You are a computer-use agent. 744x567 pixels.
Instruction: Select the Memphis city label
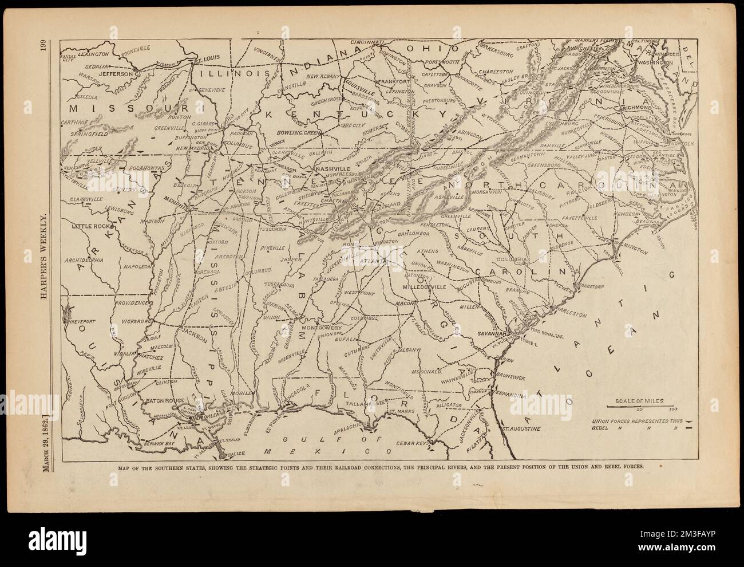(x=179, y=203)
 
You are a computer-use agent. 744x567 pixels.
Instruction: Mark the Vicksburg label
(x=136, y=322)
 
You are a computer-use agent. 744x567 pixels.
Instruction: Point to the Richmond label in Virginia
(x=635, y=107)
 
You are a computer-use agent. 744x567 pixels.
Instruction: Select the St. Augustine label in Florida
(x=521, y=428)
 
